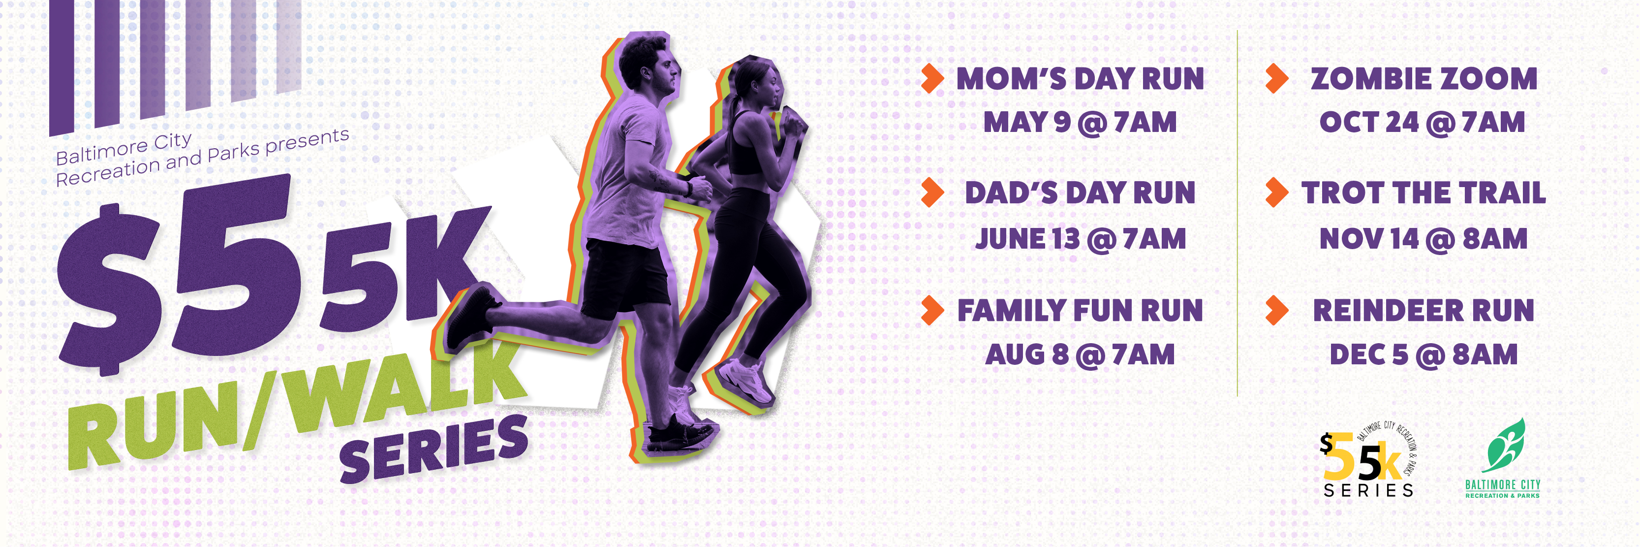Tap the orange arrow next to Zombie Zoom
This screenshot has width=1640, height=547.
point(1277,78)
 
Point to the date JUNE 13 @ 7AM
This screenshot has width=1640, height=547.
point(1081,239)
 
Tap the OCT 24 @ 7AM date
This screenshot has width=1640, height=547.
point(1422,122)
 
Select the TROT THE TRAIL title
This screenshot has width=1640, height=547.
point(1423,193)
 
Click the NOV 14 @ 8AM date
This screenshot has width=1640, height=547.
point(1423,239)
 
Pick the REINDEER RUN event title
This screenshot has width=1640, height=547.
point(1423,311)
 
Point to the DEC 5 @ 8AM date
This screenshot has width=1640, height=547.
point(1423,354)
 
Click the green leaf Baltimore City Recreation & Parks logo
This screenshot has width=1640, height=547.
point(1503,458)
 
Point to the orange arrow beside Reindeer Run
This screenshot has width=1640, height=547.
point(1277,310)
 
